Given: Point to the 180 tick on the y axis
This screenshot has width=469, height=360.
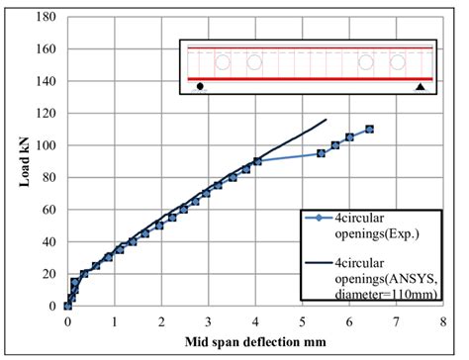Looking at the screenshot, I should [46, 17].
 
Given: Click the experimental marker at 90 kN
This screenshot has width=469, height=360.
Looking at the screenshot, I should [257, 161].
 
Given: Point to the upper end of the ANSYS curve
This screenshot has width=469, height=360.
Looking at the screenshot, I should [327, 120].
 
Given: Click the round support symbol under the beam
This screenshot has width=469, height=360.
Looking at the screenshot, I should [201, 87].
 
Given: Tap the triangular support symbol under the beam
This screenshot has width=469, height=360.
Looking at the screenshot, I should [420, 87].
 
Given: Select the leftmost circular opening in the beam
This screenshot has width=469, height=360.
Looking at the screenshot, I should [224, 62].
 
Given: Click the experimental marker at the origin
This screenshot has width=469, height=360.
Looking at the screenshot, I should [68, 306].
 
